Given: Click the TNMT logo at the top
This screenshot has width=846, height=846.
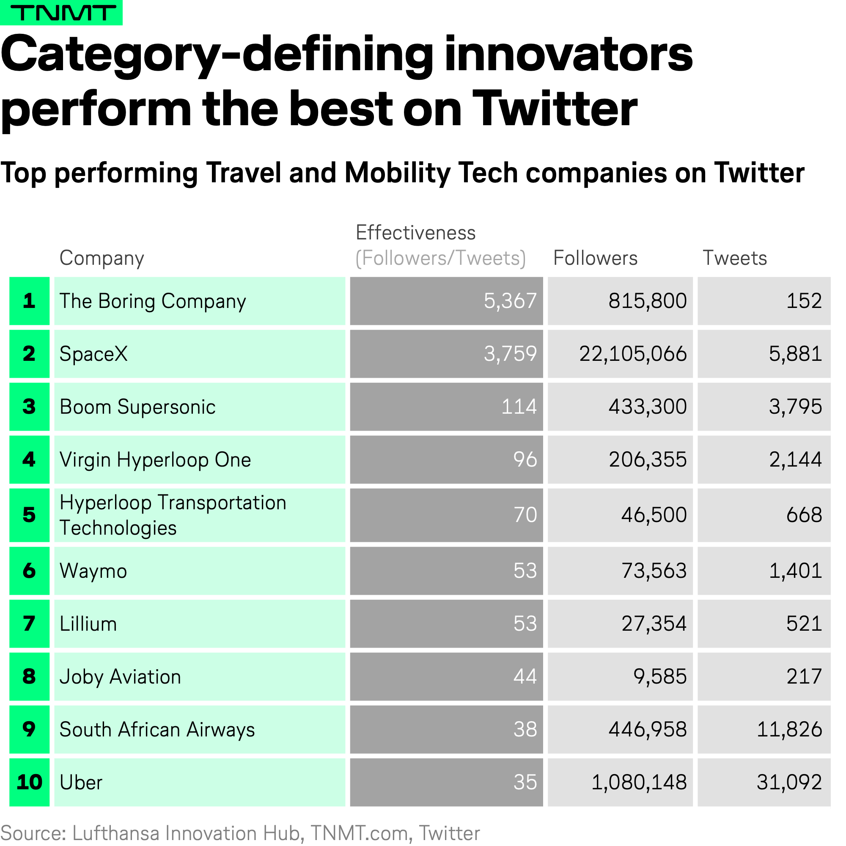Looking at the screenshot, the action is (x=61, y=12).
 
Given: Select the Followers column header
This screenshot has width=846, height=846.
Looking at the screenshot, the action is (x=595, y=258).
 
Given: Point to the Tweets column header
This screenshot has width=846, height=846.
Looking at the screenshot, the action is (x=735, y=258).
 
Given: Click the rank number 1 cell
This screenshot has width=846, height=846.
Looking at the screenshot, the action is (x=29, y=301).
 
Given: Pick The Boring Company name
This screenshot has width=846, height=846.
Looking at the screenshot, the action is (x=153, y=301).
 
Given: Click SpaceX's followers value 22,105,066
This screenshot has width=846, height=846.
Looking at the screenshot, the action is (x=633, y=354).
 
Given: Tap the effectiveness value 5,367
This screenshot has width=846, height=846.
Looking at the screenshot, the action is (x=510, y=301).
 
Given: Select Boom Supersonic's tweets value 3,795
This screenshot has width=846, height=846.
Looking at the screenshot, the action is (x=795, y=407).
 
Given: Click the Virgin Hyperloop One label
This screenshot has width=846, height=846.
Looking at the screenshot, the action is (x=155, y=460).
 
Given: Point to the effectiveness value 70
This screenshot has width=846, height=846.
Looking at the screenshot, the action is (x=525, y=515).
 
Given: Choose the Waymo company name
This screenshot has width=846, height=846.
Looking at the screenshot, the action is (x=93, y=571).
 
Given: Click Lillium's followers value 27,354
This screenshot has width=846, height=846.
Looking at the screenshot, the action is (x=654, y=624).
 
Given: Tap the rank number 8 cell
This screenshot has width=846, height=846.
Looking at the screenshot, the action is (x=29, y=676).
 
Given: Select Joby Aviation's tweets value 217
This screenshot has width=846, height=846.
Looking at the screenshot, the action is (x=804, y=676).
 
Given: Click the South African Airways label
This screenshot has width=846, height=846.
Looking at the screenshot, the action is (x=157, y=730).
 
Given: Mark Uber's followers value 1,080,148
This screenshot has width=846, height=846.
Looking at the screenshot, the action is (x=639, y=783).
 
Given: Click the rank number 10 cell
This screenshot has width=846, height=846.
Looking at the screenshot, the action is (x=29, y=783).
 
